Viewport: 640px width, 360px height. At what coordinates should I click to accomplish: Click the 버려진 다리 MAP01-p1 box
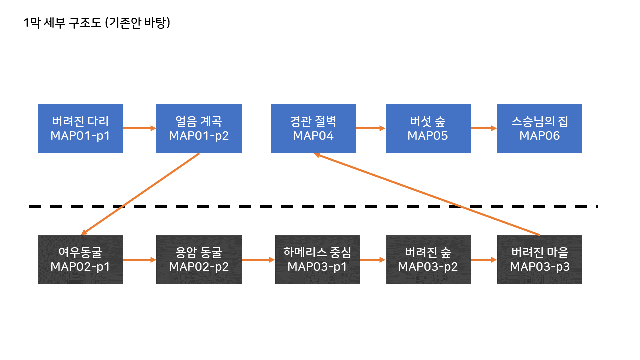[80, 128]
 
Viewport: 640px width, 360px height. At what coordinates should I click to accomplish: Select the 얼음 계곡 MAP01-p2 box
[199, 128]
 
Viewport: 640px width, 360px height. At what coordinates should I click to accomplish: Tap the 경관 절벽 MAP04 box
[314, 128]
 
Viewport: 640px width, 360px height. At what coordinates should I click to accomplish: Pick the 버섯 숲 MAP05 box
[428, 128]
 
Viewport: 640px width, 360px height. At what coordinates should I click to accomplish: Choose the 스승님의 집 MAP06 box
[539, 128]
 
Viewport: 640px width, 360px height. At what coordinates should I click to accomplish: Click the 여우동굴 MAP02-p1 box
[80, 259]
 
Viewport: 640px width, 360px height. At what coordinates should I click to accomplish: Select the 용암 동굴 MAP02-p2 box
[199, 259]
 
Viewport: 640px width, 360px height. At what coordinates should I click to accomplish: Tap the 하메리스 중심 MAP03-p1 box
[317, 259]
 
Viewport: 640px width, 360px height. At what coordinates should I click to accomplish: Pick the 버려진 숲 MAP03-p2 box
[428, 259]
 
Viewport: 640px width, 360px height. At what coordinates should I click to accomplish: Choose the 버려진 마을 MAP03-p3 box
[539, 259]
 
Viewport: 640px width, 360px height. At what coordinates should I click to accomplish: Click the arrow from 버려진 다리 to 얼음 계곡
[139, 128]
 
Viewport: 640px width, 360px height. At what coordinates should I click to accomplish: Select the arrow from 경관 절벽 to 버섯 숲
[371, 128]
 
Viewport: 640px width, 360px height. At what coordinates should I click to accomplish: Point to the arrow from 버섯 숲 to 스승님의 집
[484, 128]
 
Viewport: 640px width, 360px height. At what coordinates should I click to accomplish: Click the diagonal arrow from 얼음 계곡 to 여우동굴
[140, 194]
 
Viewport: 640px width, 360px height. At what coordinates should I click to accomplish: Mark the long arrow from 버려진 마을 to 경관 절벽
[427, 194]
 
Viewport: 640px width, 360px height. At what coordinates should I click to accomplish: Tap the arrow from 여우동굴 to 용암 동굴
[139, 260]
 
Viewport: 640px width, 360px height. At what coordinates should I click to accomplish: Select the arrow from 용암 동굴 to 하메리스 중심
[258, 260]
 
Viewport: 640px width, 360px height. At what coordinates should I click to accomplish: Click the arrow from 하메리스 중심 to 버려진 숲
[373, 260]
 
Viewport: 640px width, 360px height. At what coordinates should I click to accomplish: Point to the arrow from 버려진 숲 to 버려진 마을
[484, 260]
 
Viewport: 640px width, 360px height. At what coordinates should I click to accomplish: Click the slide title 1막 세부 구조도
[97, 23]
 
